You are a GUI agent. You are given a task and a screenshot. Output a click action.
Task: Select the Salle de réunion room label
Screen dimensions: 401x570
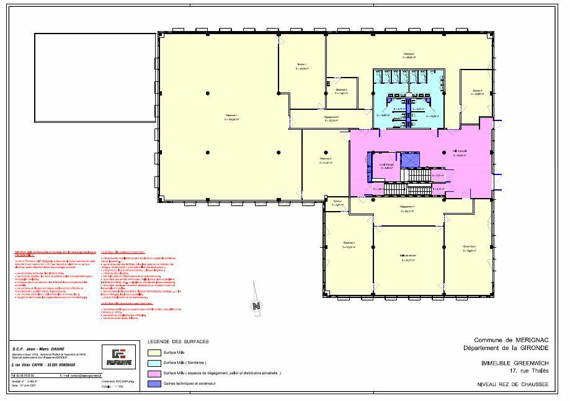[x=407, y=257]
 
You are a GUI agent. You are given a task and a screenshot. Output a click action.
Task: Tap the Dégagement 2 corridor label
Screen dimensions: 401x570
[x=331, y=118]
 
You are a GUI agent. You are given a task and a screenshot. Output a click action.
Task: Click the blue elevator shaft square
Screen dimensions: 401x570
[x=410, y=160]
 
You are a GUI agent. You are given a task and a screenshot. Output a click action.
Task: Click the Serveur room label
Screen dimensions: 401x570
[x=337, y=202]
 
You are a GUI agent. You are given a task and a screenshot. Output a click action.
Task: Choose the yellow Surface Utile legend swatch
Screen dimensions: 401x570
[x=151, y=351]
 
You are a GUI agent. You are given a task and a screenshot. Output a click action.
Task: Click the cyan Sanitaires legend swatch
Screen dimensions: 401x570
[x=151, y=362]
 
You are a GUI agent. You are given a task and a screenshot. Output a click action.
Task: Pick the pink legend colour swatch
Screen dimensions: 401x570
[x=151, y=373]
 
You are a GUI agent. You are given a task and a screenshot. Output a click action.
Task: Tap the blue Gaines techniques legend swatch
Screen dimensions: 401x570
[x=151, y=384]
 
